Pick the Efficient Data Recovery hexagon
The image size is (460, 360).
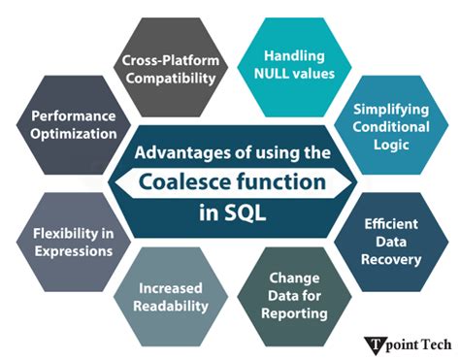(392, 243)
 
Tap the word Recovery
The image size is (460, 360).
(392, 260)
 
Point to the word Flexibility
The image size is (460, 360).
(57, 234)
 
